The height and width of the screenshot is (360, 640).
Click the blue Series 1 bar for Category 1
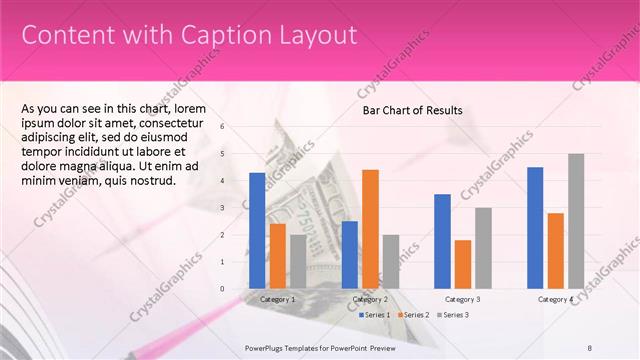(257, 231)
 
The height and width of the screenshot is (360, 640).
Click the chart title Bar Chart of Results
(412, 110)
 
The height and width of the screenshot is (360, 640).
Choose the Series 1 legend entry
(377, 315)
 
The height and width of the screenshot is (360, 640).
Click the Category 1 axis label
(277, 299)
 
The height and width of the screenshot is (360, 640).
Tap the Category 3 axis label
(463, 299)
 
